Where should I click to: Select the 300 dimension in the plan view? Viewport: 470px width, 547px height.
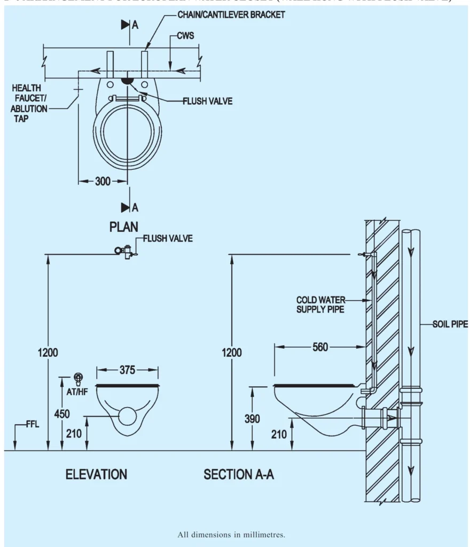[103, 182]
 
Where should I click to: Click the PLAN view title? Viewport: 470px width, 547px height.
[124, 226]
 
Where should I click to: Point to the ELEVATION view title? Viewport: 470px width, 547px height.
[96, 474]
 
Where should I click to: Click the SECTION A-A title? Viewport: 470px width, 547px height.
[239, 474]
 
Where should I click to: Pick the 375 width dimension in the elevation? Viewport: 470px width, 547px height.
[127, 370]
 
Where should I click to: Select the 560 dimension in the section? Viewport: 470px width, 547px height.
[320, 347]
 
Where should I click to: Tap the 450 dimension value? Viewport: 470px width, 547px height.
[61, 413]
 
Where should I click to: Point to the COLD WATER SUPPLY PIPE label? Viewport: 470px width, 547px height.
[320, 304]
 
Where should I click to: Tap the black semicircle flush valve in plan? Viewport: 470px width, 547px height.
[127, 81]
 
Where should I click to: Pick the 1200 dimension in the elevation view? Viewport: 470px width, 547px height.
[48, 353]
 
